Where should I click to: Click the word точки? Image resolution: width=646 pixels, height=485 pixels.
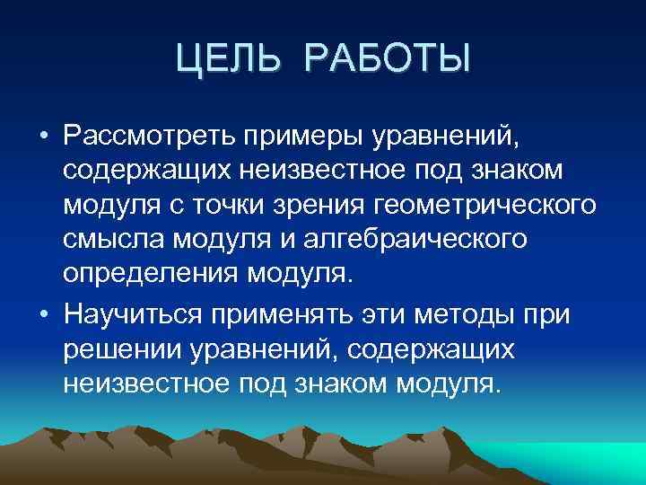pos(259,204)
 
